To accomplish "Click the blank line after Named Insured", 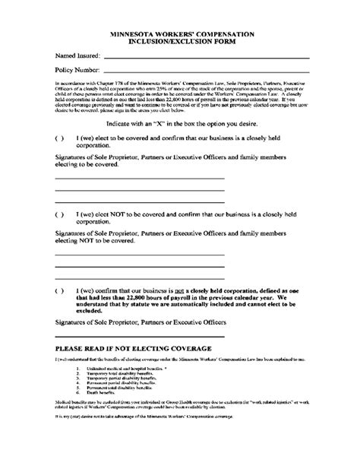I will pyautogui.click(x=205, y=58).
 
